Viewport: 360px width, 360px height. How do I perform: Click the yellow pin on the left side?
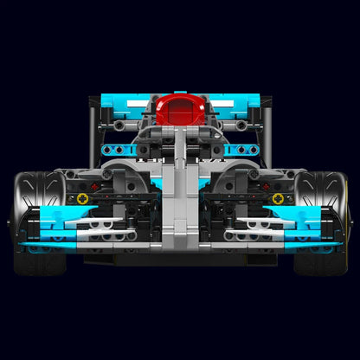click(x=83, y=198)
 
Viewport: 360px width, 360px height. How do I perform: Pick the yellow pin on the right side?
click(x=277, y=198)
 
